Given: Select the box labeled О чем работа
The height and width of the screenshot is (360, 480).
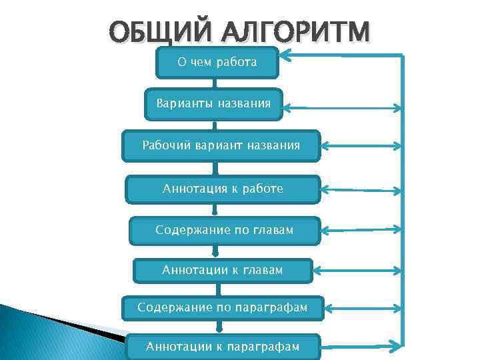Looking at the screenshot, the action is click(x=217, y=63).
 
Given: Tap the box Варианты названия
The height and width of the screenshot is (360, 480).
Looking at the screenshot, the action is click(x=213, y=104).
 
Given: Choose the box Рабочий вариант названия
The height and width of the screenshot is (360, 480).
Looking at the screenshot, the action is click(x=221, y=145).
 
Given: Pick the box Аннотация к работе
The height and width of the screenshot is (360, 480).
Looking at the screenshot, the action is click(x=223, y=189).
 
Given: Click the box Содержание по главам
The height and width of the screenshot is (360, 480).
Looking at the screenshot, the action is click(x=224, y=230).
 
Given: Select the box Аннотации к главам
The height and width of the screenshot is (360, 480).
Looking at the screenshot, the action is click(x=222, y=270).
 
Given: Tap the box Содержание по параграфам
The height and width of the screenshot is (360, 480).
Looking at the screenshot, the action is click(x=222, y=308).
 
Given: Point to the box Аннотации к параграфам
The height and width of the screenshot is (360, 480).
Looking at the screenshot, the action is click(x=222, y=347).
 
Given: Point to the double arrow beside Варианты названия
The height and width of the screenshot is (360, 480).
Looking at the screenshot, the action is click(x=343, y=107).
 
